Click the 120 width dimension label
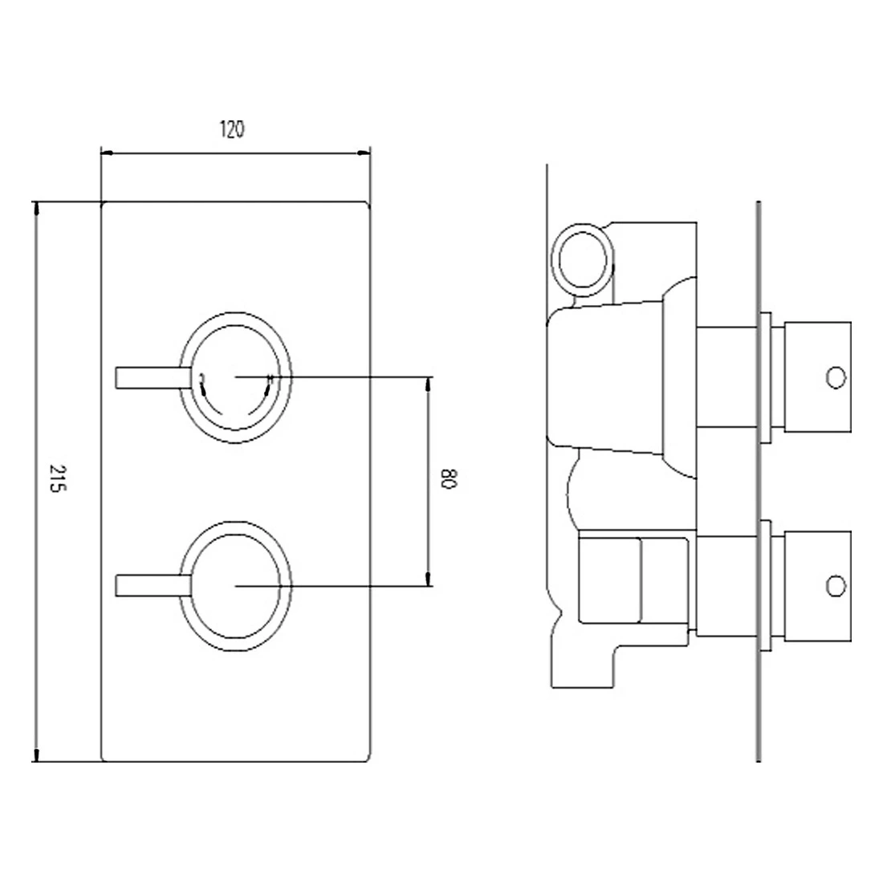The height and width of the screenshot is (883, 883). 231,129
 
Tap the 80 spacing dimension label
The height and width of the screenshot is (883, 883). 448,480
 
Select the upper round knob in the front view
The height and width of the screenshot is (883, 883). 235,376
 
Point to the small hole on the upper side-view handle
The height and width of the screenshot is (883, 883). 836,376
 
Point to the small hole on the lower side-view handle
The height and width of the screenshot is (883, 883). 836,586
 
